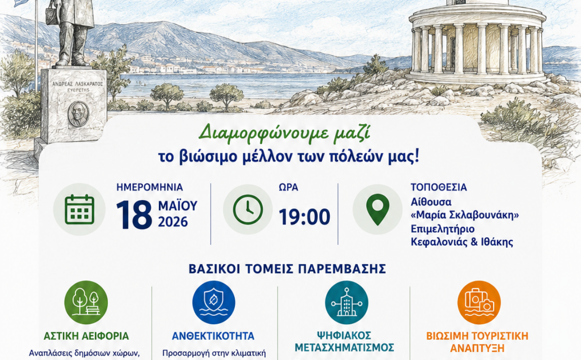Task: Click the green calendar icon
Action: pos(79,210)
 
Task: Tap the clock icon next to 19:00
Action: pos(248,210)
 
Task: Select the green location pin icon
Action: pos(377,209)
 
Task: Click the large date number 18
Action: pos(134,215)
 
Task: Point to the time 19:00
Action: pos(304,217)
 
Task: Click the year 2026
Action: pos(173,222)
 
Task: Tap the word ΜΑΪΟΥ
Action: pos(178,205)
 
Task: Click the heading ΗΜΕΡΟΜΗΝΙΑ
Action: pos(149,187)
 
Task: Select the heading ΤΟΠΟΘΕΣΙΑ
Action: pos(438,187)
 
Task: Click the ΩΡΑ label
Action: pos(289,187)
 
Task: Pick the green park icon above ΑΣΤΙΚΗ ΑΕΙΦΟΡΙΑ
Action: pos(86,302)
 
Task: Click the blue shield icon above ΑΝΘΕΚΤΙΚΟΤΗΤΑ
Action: pos(214,302)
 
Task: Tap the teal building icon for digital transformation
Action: pos(347,302)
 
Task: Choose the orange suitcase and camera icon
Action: pos(479,302)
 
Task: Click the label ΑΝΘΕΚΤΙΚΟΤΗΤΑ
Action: pos(213,336)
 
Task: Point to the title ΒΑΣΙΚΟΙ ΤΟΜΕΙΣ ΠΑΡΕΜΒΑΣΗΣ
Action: pos(287,269)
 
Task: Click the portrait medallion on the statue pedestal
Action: pos(78,114)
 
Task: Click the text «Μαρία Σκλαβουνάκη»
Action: pos(465,215)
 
